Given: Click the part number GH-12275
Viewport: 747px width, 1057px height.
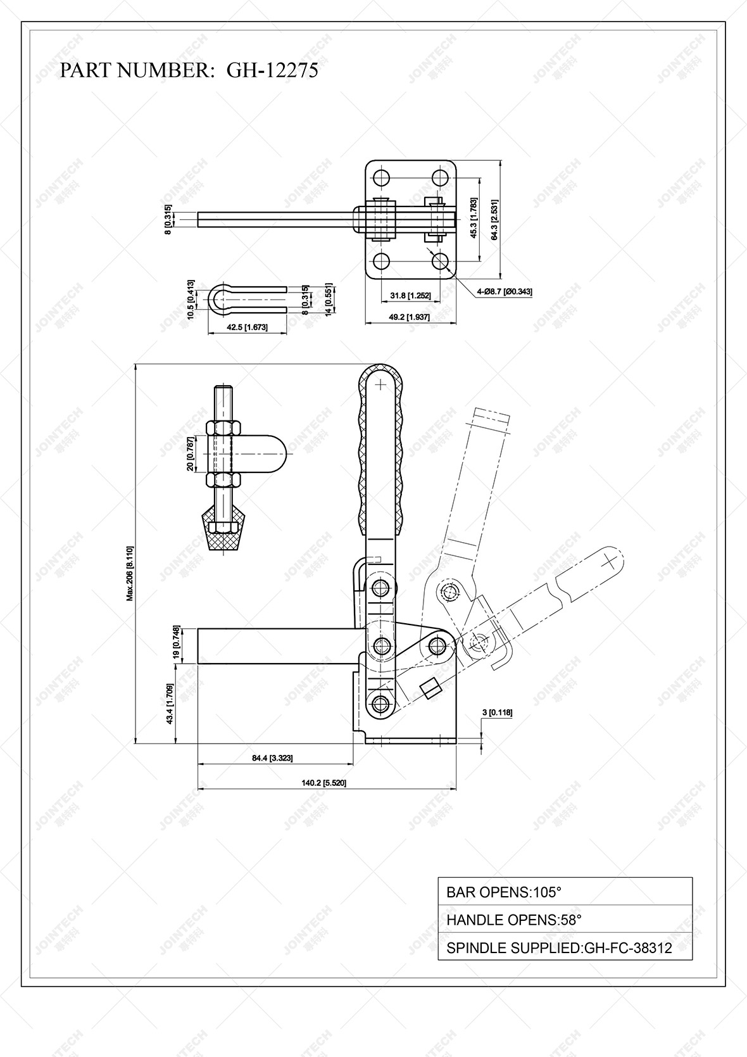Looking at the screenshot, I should point(272,70).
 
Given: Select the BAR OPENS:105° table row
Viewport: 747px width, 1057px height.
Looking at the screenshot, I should point(565,892).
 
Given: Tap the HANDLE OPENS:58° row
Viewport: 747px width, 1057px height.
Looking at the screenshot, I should point(565,920).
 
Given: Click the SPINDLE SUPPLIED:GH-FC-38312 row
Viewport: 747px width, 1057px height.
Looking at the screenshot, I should point(565,947).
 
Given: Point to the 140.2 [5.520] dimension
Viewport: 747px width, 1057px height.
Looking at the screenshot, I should point(323,783).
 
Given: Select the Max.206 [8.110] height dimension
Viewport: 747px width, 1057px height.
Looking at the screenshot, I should point(130,573).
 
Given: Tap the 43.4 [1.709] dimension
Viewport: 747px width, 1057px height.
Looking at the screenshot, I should point(169,704).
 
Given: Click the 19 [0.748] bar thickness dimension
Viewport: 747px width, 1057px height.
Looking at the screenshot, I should point(177,643).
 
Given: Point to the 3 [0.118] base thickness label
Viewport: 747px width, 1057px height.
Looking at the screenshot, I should point(497,712).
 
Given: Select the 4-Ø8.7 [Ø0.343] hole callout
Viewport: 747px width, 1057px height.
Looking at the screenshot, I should point(505,291).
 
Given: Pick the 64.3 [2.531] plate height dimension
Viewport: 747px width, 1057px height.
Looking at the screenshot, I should point(494,219).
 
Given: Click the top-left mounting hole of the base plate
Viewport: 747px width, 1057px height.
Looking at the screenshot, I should point(380,177).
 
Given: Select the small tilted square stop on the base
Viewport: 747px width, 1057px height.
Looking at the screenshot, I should point(431,688).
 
